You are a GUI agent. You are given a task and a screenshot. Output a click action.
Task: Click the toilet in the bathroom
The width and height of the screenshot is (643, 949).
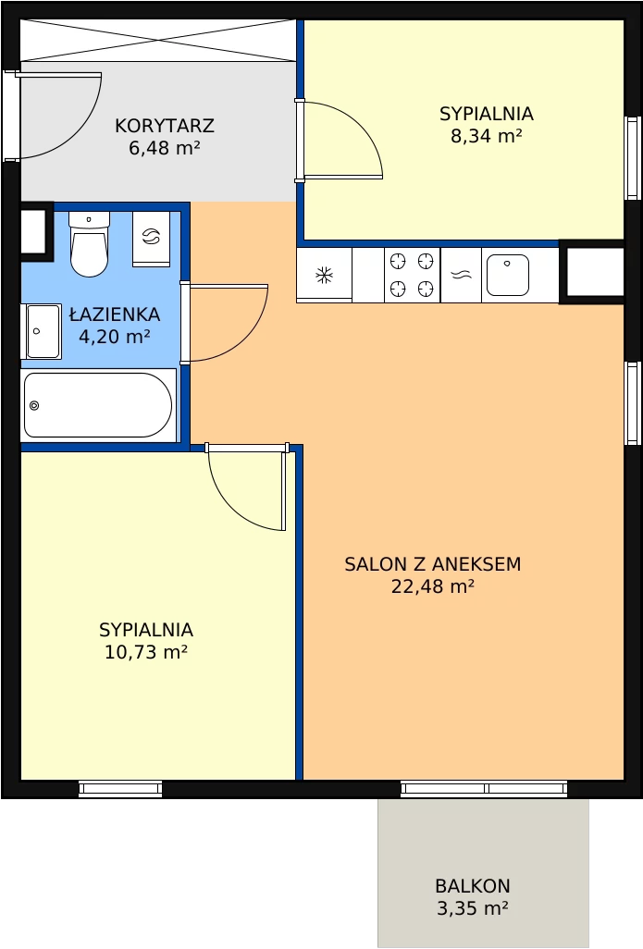pyautogui.click(x=90, y=243)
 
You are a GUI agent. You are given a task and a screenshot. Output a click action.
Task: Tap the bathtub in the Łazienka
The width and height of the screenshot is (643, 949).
pyautogui.click(x=98, y=405)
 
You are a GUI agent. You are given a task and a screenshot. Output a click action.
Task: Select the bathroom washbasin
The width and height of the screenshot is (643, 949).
pyautogui.click(x=42, y=331)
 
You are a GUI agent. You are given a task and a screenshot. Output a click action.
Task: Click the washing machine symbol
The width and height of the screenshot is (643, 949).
pyautogui.click(x=151, y=238)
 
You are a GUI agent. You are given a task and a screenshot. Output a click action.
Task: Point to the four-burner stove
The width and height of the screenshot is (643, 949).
pyautogui.click(x=412, y=276)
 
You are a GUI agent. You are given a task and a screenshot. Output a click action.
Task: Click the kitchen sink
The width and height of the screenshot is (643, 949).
pyautogui.click(x=507, y=276)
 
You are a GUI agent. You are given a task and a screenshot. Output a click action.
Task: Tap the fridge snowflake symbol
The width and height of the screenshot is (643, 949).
pyautogui.click(x=325, y=276)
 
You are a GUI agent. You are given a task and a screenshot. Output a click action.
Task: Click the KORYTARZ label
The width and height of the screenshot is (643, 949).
pyautogui.click(x=165, y=126)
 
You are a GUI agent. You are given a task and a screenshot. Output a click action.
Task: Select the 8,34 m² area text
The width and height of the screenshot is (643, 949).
pyautogui.click(x=487, y=136)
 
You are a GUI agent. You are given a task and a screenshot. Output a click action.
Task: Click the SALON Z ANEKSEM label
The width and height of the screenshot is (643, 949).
pyautogui.click(x=432, y=564)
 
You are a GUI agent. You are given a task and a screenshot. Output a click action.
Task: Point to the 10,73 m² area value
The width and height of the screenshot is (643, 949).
pyautogui.click(x=146, y=652)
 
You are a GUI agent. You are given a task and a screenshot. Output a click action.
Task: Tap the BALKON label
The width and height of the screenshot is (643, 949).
pyautogui.click(x=472, y=886)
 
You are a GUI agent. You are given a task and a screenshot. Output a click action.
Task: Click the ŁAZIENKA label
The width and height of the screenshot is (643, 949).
pyautogui.click(x=115, y=314)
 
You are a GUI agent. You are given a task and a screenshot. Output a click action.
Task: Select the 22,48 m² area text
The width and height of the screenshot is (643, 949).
pyautogui.click(x=432, y=586)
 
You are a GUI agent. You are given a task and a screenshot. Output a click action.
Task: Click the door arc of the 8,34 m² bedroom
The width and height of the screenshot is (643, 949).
pyautogui.click(x=361, y=126)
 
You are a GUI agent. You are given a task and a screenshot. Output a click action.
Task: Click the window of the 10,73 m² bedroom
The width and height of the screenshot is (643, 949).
pyautogui.click(x=120, y=789)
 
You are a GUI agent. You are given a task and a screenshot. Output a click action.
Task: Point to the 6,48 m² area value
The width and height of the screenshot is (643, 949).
pyautogui.click(x=164, y=148)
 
